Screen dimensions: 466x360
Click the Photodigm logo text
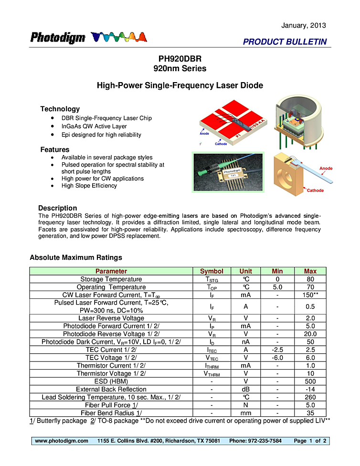(58, 38)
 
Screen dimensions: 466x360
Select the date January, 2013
(304, 25)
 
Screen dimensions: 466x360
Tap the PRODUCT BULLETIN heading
(285, 42)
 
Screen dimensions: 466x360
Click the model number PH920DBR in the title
(180, 59)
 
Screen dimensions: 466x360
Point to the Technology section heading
(60, 109)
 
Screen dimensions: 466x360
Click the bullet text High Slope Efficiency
(89, 186)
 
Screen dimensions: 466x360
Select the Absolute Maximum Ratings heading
(76, 257)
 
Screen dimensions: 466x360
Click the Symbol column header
(212, 271)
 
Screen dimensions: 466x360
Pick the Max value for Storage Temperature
(310, 279)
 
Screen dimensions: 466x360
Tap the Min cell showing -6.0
(277, 358)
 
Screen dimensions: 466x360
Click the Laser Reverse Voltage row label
(111, 318)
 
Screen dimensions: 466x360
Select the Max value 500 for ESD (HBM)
(310, 381)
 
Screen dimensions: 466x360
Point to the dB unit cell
(246, 389)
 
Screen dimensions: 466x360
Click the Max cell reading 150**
(310, 295)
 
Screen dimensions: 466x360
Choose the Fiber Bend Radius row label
(111, 413)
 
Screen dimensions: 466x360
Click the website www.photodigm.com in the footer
(62, 441)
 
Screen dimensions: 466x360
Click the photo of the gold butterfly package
(227, 172)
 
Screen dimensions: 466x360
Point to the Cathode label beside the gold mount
(315, 191)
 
